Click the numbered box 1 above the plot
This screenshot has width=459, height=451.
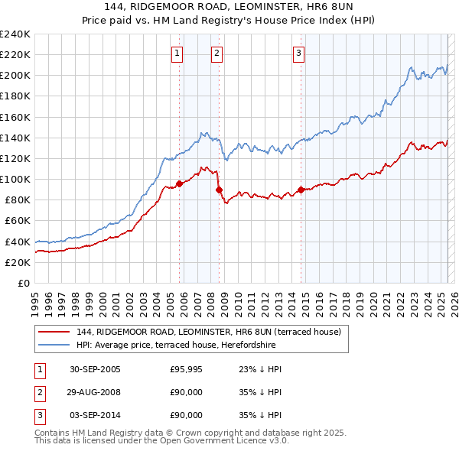coord(177,54)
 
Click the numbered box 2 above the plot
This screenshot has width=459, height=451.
coord(217,54)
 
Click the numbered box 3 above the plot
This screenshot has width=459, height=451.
coord(298,54)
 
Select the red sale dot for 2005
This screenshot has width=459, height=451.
coord(180,183)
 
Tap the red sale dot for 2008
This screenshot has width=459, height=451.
coord(219,190)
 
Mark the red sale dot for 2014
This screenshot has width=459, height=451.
coord(301,190)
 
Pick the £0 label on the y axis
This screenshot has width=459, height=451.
coord(24,283)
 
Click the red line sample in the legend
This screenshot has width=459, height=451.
coord(53,331)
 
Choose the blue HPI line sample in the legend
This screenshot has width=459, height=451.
coord(53,344)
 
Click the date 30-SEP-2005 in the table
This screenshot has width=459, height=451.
coord(95,369)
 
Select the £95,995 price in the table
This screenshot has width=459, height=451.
coord(187,369)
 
